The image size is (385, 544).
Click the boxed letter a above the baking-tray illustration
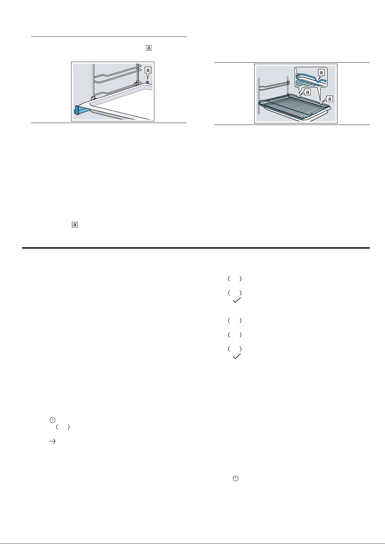(x=149, y=48)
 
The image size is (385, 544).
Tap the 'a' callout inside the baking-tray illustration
(x=148, y=70)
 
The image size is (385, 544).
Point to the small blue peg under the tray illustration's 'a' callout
(x=147, y=83)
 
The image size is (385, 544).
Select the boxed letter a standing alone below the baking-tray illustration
(x=75, y=225)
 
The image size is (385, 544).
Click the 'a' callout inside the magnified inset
(x=321, y=72)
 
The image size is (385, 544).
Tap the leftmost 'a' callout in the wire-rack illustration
(x=307, y=92)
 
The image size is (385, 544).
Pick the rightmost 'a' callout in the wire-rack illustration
(x=330, y=99)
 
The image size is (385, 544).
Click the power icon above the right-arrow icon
(x=52, y=420)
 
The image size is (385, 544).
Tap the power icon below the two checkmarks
(x=235, y=478)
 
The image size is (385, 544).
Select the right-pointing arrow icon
(x=52, y=441)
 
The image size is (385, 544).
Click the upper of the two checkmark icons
(x=236, y=300)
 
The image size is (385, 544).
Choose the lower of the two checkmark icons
(x=236, y=356)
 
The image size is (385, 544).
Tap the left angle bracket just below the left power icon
(x=57, y=427)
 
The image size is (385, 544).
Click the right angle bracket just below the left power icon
(x=69, y=427)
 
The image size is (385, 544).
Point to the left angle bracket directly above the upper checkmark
(x=229, y=293)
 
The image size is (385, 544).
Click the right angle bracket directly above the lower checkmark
(x=241, y=349)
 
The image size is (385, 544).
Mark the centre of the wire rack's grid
(x=294, y=107)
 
